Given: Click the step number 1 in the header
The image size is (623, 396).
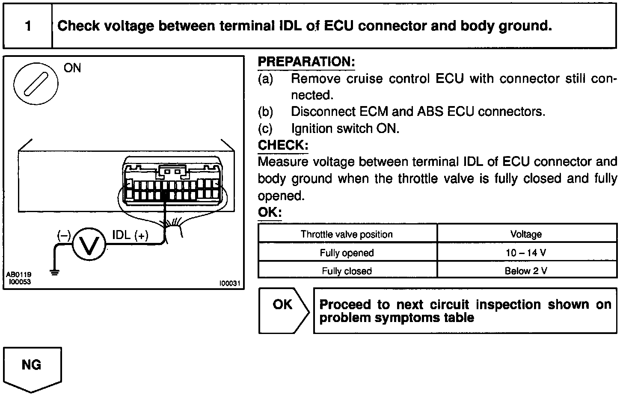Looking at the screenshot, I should pos(28,26).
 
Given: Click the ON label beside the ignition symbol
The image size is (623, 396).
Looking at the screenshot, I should pos(72,68).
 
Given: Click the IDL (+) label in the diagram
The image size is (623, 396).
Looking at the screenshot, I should pos(130,235).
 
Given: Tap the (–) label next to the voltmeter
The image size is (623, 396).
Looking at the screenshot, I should pos(64,235).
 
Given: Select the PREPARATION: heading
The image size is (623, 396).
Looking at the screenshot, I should pos(306,62).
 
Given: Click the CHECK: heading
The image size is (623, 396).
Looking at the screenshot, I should pos(282,145).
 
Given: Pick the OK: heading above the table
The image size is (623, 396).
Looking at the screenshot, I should pos(270,213).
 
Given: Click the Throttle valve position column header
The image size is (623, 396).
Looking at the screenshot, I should pos(347,234).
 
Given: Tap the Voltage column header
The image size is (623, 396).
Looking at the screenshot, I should pos(526,234).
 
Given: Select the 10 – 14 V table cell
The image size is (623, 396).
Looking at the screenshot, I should pos(526,253).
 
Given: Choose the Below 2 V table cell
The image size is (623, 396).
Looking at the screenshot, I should pos(526,271).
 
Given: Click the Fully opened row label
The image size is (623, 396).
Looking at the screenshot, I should pos(347,253).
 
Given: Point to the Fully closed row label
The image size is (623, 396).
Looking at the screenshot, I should pos(347,271).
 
